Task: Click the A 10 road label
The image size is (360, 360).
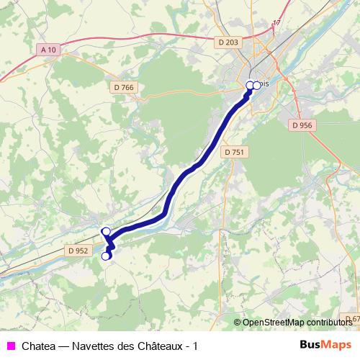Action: tap(48, 50)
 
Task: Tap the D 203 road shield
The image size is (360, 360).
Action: tap(228, 42)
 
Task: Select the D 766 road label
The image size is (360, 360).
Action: tap(124, 88)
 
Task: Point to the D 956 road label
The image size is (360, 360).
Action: tap(302, 125)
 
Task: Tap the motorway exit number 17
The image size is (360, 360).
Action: tap(276, 23)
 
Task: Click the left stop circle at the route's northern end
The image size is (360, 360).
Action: tap(250, 86)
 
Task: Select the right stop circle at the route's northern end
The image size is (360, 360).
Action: tap(257, 85)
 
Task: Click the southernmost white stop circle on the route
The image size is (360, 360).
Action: tap(106, 256)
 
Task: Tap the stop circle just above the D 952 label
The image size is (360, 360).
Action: tap(106, 231)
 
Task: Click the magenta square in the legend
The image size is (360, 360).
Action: tap(11, 346)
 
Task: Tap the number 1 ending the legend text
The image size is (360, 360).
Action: tap(194, 346)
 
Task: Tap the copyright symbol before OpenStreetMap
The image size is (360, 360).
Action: tap(238, 322)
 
